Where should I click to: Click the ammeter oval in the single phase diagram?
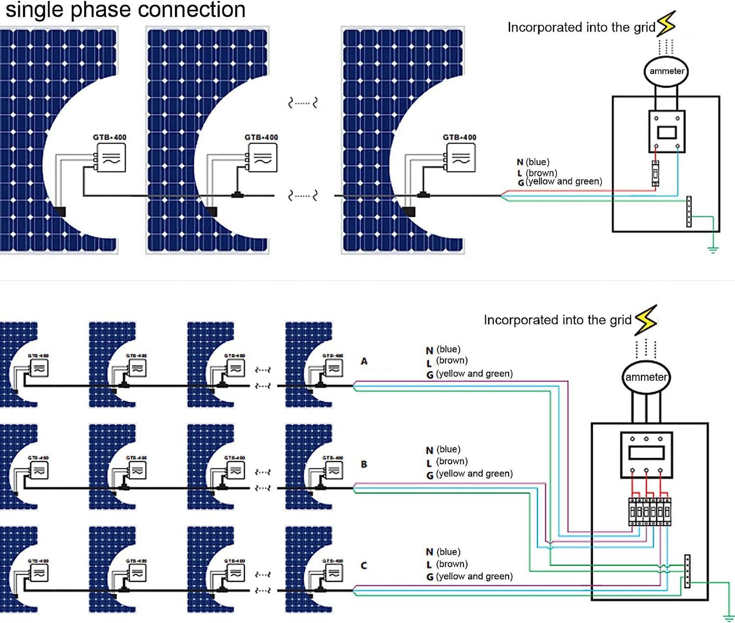click(x=666, y=71)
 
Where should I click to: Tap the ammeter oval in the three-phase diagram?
click(x=646, y=377)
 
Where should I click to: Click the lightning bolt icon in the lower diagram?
click(x=646, y=319)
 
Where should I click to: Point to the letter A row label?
click(x=364, y=361)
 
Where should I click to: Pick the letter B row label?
click(x=364, y=464)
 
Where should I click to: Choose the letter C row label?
click(x=364, y=566)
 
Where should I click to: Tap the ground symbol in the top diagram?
click(x=713, y=249)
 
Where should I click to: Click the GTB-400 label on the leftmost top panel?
click(x=109, y=137)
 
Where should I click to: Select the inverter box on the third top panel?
click(x=461, y=158)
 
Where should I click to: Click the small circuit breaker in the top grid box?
click(x=656, y=173)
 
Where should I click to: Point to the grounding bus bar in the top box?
click(x=689, y=211)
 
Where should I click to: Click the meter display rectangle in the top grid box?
click(x=666, y=133)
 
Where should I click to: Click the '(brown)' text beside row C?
click(x=452, y=564)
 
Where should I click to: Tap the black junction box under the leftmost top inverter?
click(x=61, y=211)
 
